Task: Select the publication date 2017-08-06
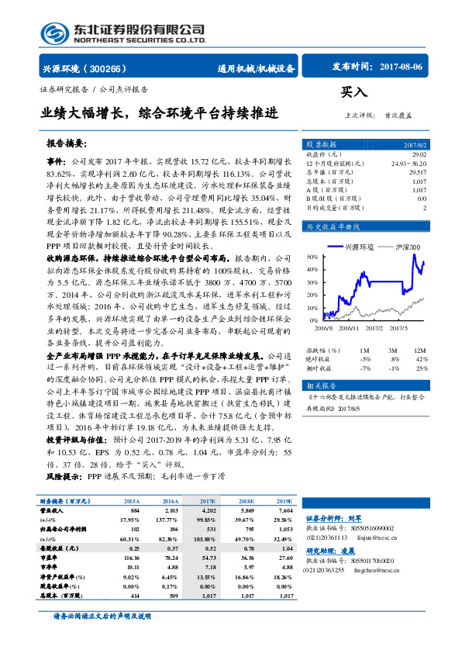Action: pyautogui.click(x=402, y=67)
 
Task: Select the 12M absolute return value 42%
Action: pyautogui.click(x=422, y=359)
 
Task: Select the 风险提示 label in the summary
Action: pyautogui.click(x=64, y=478)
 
